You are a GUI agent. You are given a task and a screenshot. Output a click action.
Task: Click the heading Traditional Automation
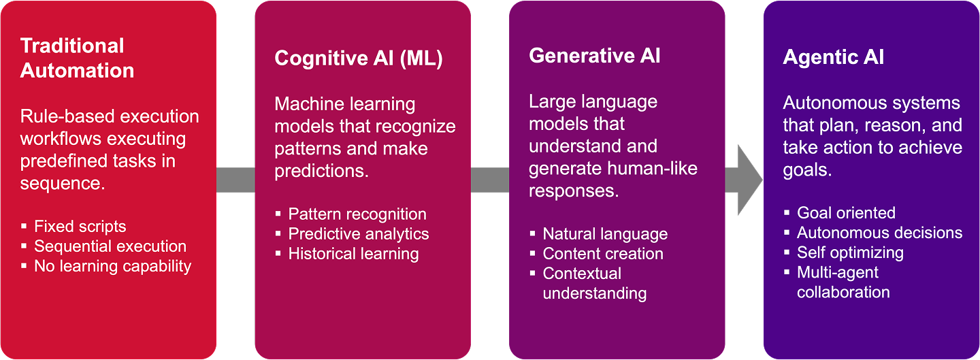click(x=77, y=58)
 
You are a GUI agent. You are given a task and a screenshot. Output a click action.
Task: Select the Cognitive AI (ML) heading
click(x=358, y=59)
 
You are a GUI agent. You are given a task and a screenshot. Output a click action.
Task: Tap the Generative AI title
click(x=594, y=56)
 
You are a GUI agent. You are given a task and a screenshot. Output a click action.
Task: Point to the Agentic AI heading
click(x=833, y=57)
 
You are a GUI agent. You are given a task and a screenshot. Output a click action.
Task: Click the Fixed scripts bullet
click(x=80, y=227)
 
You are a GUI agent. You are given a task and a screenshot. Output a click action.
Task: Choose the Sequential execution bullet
click(x=110, y=246)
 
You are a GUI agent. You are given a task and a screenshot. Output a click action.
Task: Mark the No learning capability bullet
click(x=112, y=266)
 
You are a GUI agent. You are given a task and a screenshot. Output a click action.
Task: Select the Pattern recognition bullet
click(x=357, y=214)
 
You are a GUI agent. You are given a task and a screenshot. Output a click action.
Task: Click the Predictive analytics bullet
click(x=358, y=234)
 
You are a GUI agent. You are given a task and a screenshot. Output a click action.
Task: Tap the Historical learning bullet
click(x=353, y=254)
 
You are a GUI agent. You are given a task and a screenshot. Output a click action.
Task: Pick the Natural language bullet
click(x=604, y=234)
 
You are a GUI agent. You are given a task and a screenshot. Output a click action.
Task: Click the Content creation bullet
click(x=602, y=254)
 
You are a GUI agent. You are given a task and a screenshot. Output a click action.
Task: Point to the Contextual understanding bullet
click(x=593, y=283)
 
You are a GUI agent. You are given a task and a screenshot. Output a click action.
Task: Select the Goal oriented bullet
click(x=846, y=213)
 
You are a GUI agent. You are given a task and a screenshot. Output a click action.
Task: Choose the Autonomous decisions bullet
click(x=879, y=233)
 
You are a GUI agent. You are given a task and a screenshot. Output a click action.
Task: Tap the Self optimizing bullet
click(x=850, y=252)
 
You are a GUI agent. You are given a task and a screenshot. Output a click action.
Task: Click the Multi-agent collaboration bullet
click(x=843, y=282)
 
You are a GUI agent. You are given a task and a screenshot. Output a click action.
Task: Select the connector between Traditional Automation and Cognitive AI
click(x=235, y=180)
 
